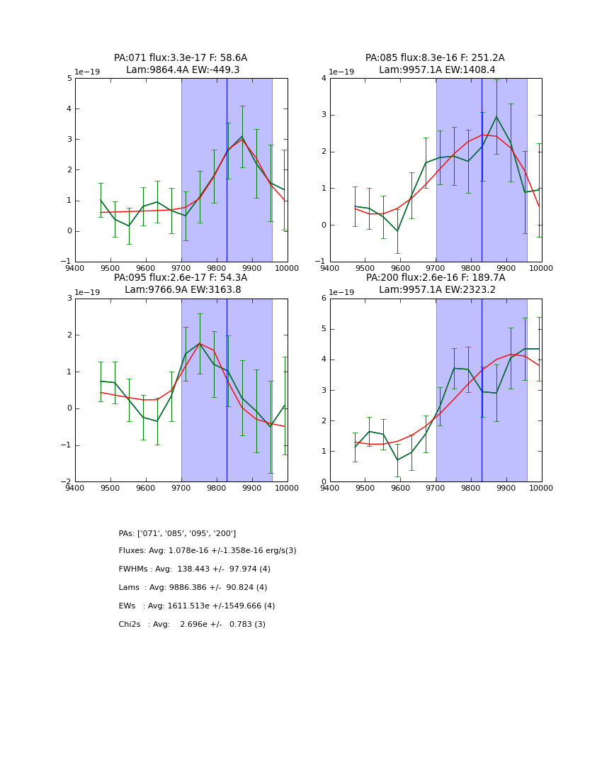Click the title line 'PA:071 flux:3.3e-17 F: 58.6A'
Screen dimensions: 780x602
coord(181,58)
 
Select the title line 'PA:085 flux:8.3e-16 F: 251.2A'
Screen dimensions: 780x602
coord(435,58)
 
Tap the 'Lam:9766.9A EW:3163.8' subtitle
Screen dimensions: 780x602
coord(183,290)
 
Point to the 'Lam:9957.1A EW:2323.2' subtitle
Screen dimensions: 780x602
coord(437,290)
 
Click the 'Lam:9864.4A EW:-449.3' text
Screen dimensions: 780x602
coord(183,70)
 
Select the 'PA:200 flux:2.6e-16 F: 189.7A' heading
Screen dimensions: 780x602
coord(435,278)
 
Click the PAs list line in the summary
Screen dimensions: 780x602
coord(177,533)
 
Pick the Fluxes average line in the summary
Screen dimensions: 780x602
coord(208,551)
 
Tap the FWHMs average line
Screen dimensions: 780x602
coord(194,569)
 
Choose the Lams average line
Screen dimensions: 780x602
coord(193,588)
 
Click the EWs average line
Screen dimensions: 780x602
coord(196,606)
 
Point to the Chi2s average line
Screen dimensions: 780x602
coord(192,625)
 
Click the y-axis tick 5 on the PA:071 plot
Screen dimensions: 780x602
coord(69,78)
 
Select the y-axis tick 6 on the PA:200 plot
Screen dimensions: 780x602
coord(324,299)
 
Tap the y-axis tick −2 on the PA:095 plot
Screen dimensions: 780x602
coord(67,482)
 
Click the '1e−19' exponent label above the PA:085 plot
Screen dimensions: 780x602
coord(341,72)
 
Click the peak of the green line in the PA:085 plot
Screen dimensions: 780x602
coord(496,117)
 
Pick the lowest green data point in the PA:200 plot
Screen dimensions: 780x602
coord(397,460)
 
